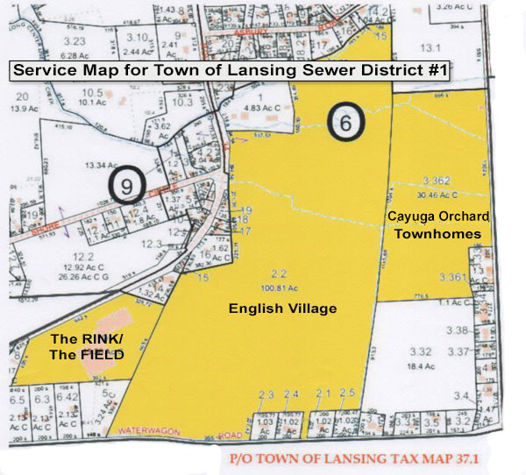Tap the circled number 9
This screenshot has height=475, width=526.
pos(127,185)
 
